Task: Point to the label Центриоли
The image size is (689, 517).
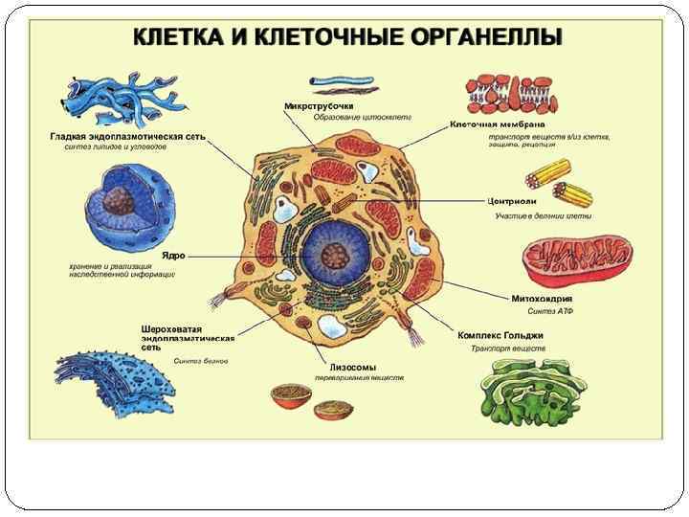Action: tap(512, 202)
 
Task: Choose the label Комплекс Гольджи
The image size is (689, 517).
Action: tap(500, 335)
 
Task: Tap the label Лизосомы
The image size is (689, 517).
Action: tap(352, 367)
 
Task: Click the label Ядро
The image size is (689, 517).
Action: tap(173, 256)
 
